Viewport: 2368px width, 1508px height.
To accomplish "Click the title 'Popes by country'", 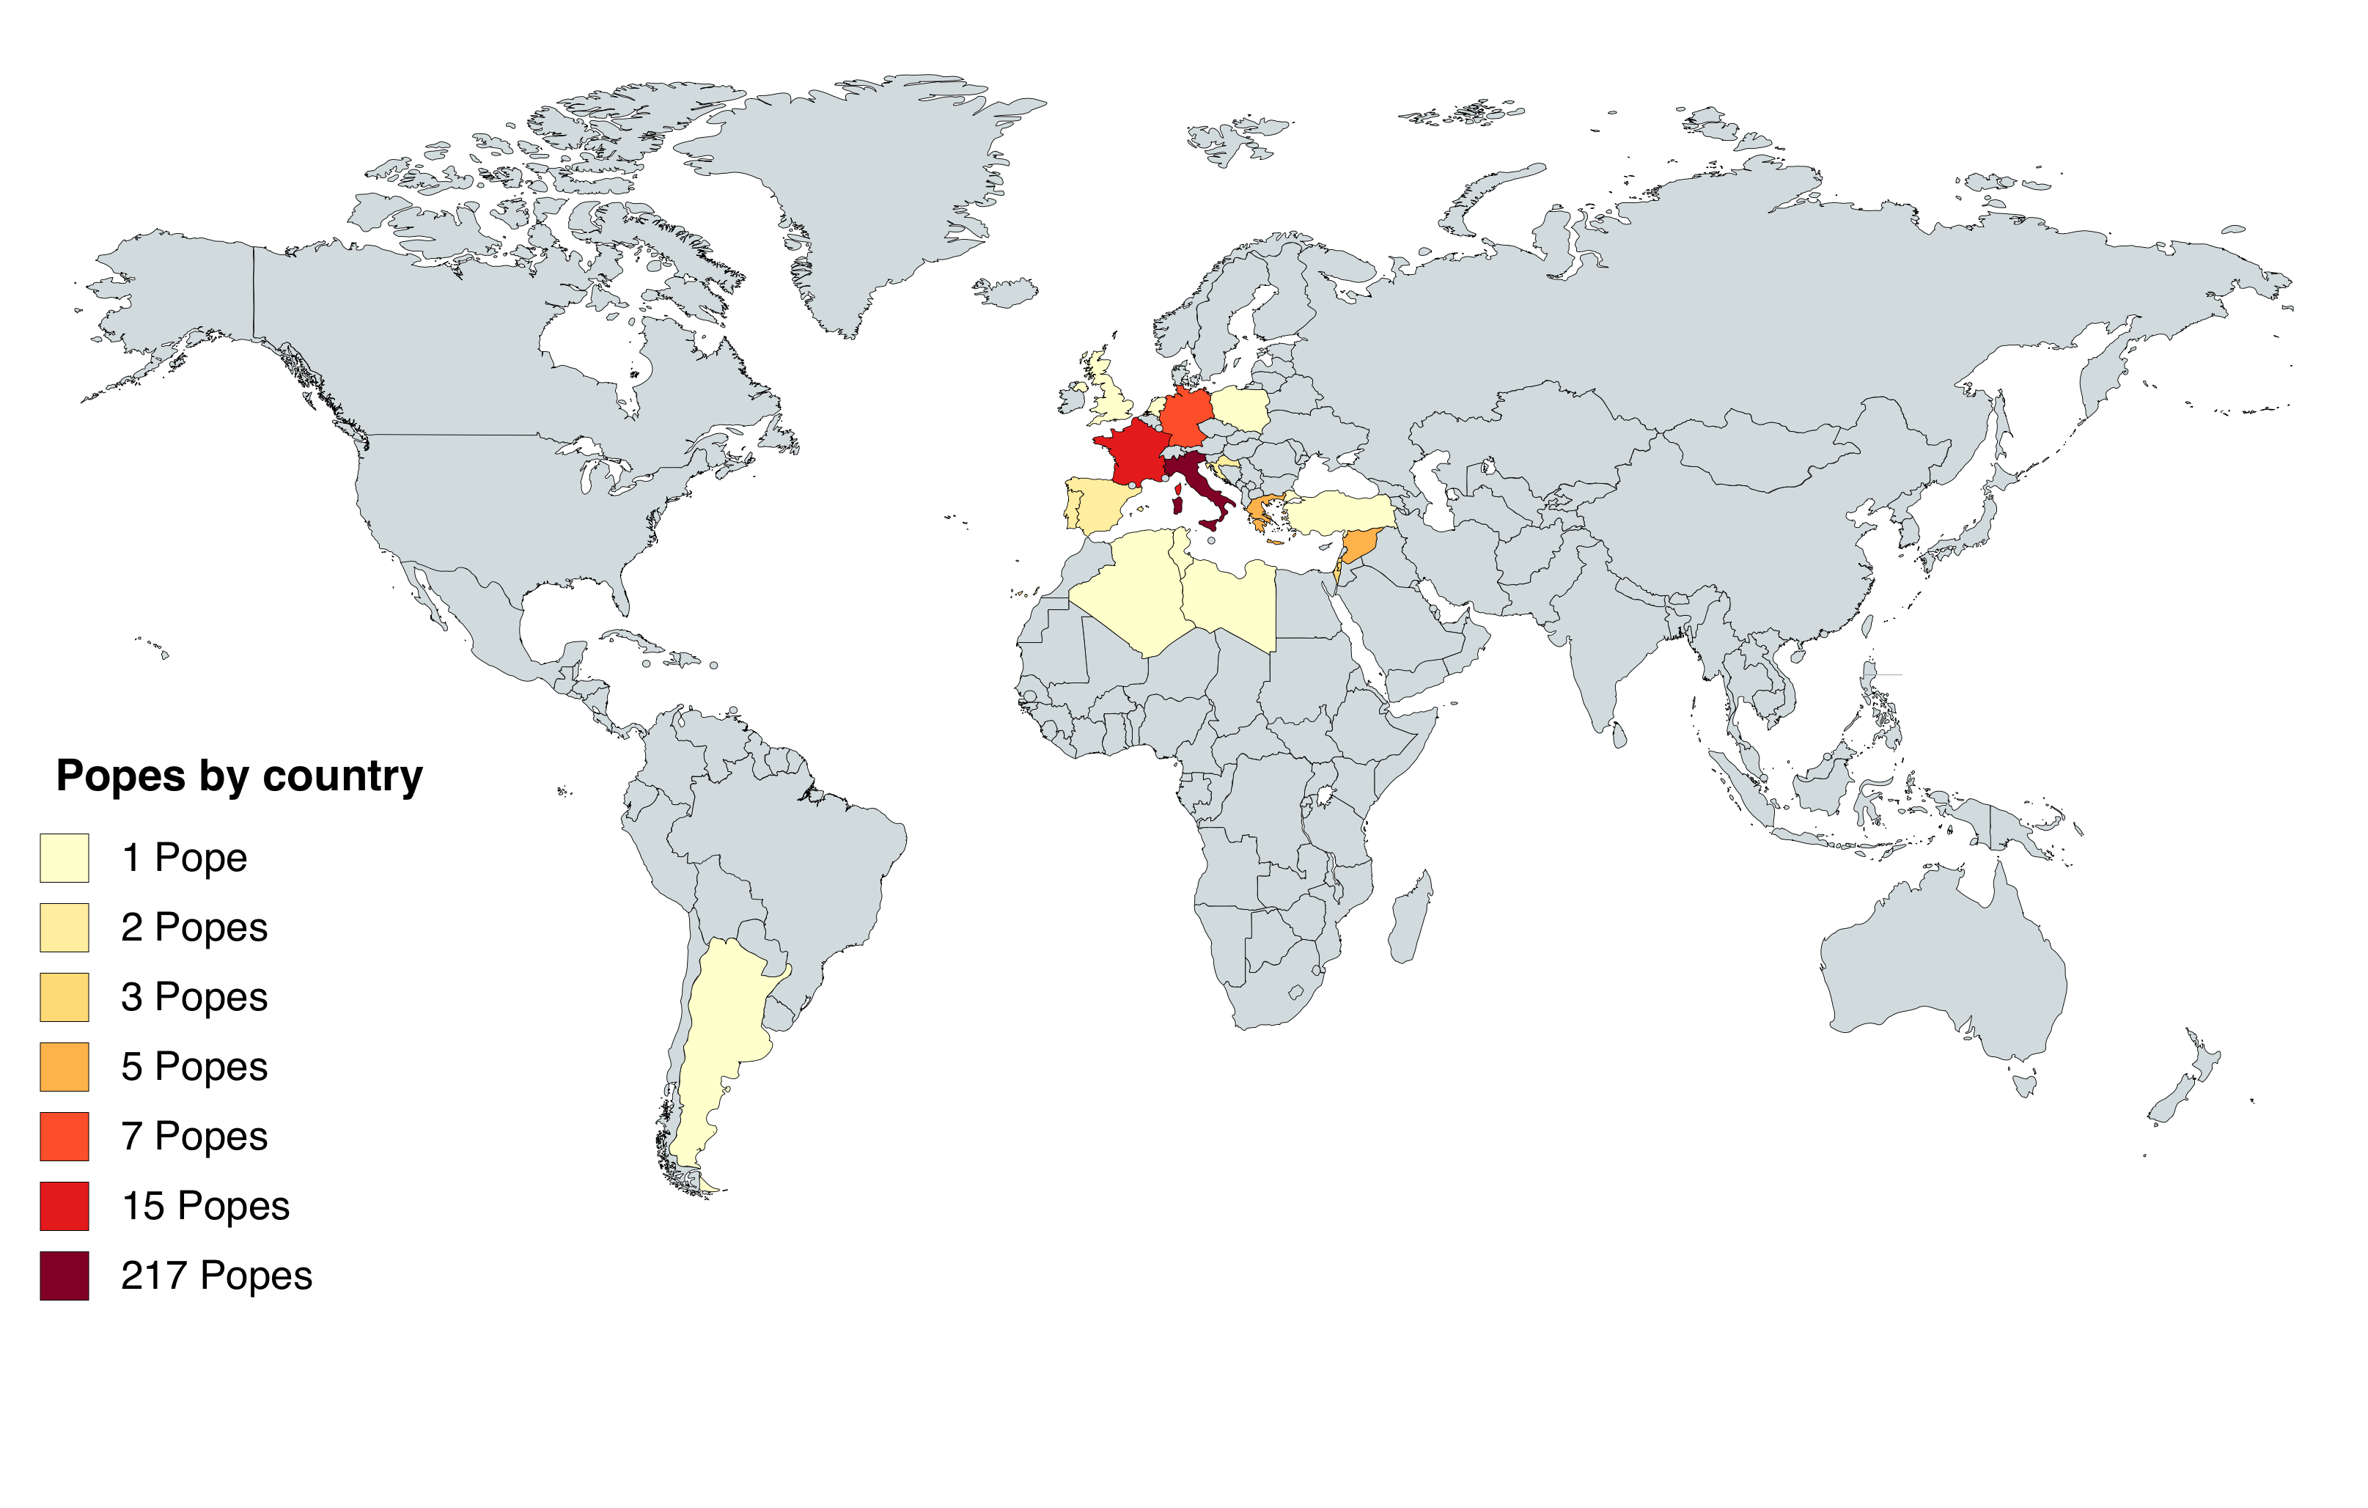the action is pos(239,776).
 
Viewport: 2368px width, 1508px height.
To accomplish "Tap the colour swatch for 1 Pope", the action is pos(64,858).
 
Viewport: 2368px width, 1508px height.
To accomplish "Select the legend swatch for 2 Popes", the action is pos(64,928).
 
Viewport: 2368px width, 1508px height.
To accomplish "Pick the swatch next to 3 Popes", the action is pos(64,998).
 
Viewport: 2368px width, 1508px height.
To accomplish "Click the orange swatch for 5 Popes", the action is pos(64,1067).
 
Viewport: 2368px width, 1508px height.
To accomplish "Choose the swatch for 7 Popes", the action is pos(64,1136).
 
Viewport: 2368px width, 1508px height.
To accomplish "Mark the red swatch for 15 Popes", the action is pos(64,1206).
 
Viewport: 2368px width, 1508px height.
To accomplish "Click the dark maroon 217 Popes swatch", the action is pos(64,1276).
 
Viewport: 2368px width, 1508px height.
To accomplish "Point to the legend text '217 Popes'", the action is pos(216,1276).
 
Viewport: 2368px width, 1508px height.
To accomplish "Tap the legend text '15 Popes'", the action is pos(205,1206).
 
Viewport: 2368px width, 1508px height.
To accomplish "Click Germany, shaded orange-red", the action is pos(1185,415).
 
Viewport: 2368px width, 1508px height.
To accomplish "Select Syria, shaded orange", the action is pos(1360,544).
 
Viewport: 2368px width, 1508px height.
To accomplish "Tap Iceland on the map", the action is pos(1005,292).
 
